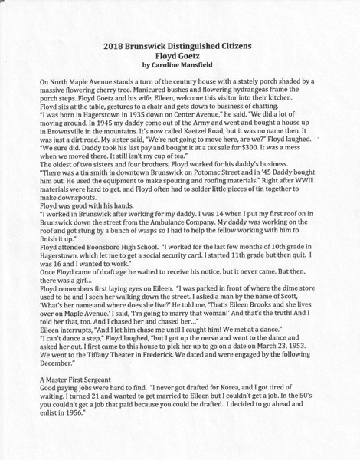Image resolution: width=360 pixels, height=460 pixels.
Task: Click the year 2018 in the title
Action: [x=115, y=47]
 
